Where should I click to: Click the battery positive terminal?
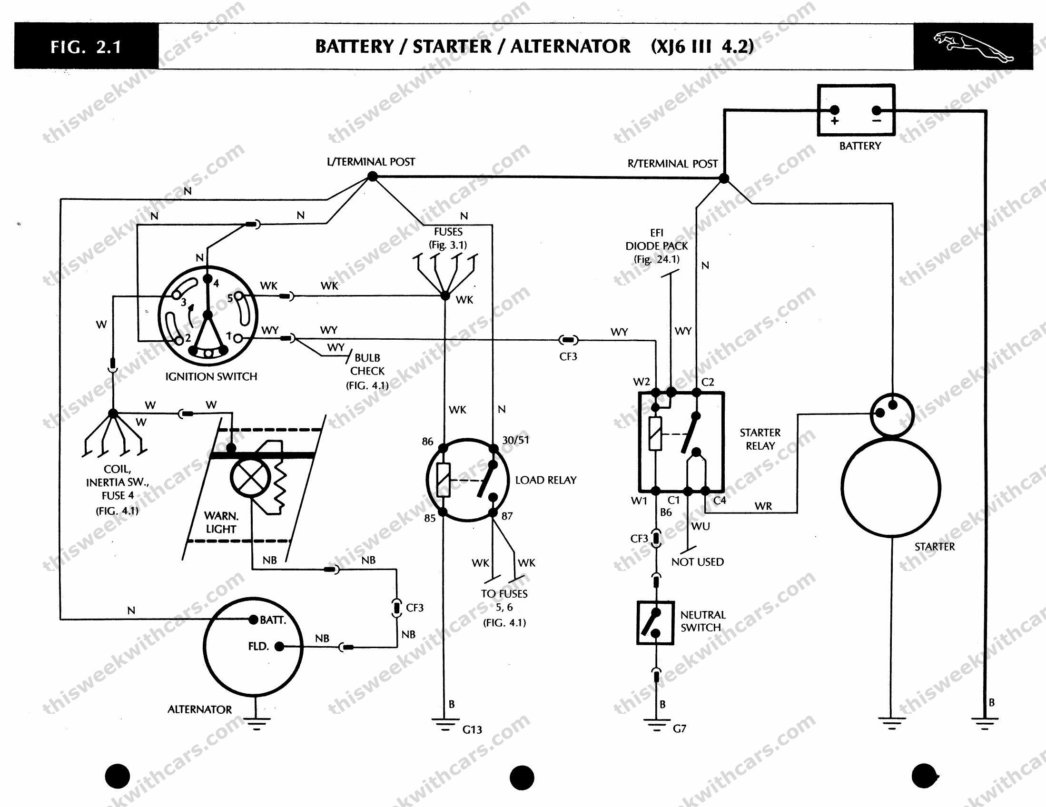click(x=834, y=111)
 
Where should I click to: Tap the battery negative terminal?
click(x=877, y=111)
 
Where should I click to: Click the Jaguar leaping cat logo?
click(x=973, y=47)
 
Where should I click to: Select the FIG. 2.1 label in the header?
click(x=86, y=47)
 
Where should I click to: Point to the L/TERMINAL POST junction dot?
click(x=372, y=177)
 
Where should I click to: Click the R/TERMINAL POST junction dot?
click(x=724, y=178)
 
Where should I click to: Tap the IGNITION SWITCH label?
click(x=211, y=376)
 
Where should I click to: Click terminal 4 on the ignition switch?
click(x=207, y=279)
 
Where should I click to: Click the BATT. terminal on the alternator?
click(x=253, y=620)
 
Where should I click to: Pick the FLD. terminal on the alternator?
click(x=279, y=647)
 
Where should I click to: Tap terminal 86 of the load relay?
click(x=443, y=448)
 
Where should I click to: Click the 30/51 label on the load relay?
click(x=515, y=440)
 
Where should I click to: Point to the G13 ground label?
click(x=472, y=729)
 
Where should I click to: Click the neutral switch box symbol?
click(x=655, y=622)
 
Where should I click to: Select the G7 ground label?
click(x=679, y=728)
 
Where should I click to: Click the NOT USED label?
click(x=697, y=562)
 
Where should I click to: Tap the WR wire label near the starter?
click(x=763, y=506)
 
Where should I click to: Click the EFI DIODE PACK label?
click(x=657, y=246)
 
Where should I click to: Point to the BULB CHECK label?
click(x=367, y=364)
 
